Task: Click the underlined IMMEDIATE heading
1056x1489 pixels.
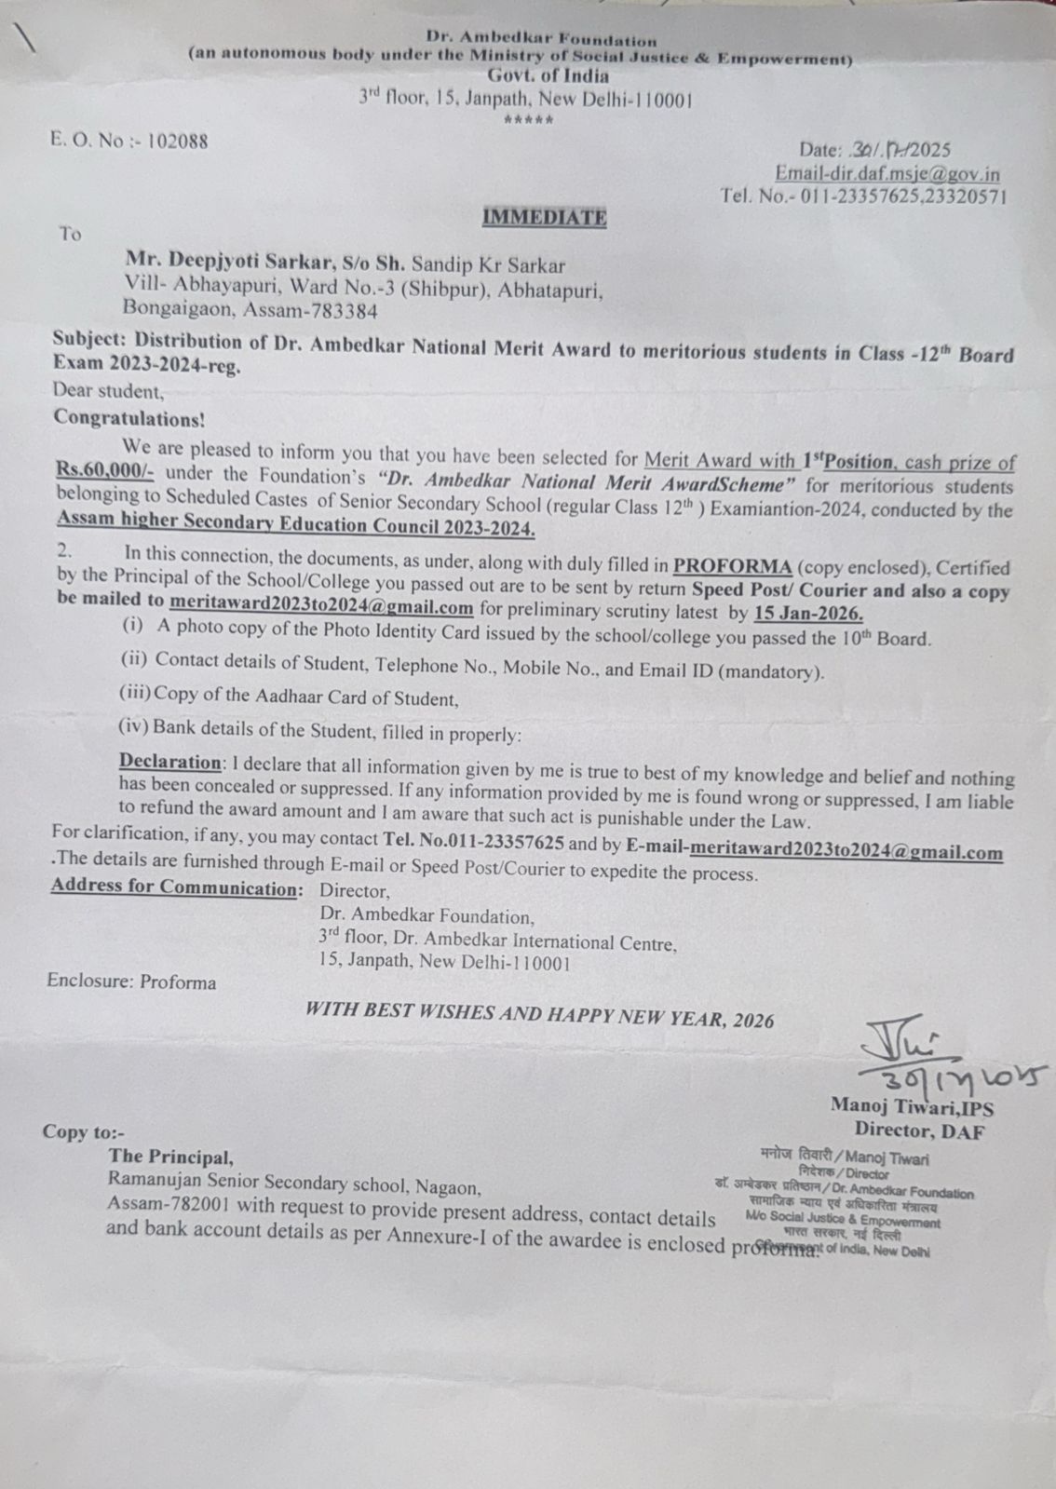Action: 544,218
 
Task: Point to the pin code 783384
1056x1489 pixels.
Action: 342,311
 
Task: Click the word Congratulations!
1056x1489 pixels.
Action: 129,417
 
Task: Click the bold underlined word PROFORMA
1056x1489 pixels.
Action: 733,566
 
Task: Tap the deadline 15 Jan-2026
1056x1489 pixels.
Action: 808,615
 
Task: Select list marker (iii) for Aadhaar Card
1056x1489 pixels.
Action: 135,693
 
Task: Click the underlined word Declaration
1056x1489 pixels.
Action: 170,762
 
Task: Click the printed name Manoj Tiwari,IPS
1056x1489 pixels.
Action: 912,1108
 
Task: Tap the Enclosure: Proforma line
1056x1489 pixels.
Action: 131,981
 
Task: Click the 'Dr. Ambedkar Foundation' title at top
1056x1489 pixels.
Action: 541,39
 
